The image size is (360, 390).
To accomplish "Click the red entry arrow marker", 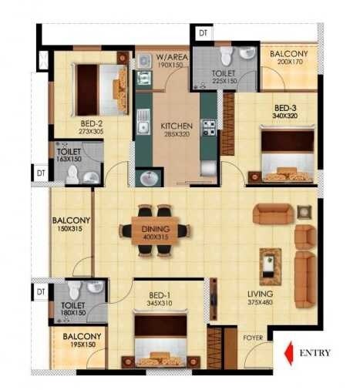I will point(290,353).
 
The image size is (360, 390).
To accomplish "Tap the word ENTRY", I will point(315,353).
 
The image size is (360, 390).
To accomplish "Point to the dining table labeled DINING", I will point(153,229).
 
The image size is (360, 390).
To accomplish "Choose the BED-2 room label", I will point(92,123).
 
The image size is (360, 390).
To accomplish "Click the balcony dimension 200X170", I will point(287,63).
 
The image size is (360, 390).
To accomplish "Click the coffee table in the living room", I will point(270,266).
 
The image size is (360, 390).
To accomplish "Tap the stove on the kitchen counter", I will point(208,127).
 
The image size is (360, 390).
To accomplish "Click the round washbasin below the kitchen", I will point(149,179).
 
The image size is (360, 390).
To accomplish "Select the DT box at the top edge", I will point(203,33).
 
